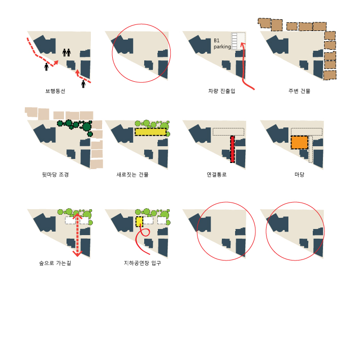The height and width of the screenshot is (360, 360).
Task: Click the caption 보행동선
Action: tap(55, 91)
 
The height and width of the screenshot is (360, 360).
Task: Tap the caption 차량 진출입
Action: tap(221, 91)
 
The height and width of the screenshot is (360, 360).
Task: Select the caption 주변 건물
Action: tap(299, 91)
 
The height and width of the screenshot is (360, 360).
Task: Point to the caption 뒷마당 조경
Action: tap(55, 175)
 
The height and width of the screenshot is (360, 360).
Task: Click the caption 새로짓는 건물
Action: tap(133, 175)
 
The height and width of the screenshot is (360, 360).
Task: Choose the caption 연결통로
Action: tap(217, 175)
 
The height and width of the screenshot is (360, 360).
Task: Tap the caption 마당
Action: tap(300, 175)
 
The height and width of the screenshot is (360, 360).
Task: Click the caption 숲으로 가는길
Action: tap(55, 263)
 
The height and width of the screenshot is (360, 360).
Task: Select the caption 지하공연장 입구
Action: tap(142, 263)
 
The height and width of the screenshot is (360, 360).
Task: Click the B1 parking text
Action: tap(222, 43)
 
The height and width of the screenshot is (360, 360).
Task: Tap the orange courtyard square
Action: tap(300, 143)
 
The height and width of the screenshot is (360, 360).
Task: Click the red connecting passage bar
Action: tap(233, 149)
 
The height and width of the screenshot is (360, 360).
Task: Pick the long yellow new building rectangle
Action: tap(150, 132)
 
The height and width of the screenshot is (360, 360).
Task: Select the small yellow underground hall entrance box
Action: tap(139, 221)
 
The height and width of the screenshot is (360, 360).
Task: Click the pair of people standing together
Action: tap(67, 53)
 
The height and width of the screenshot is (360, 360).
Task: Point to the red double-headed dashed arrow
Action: tap(77, 235)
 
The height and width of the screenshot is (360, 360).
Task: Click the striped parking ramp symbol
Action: tap(235, 41)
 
